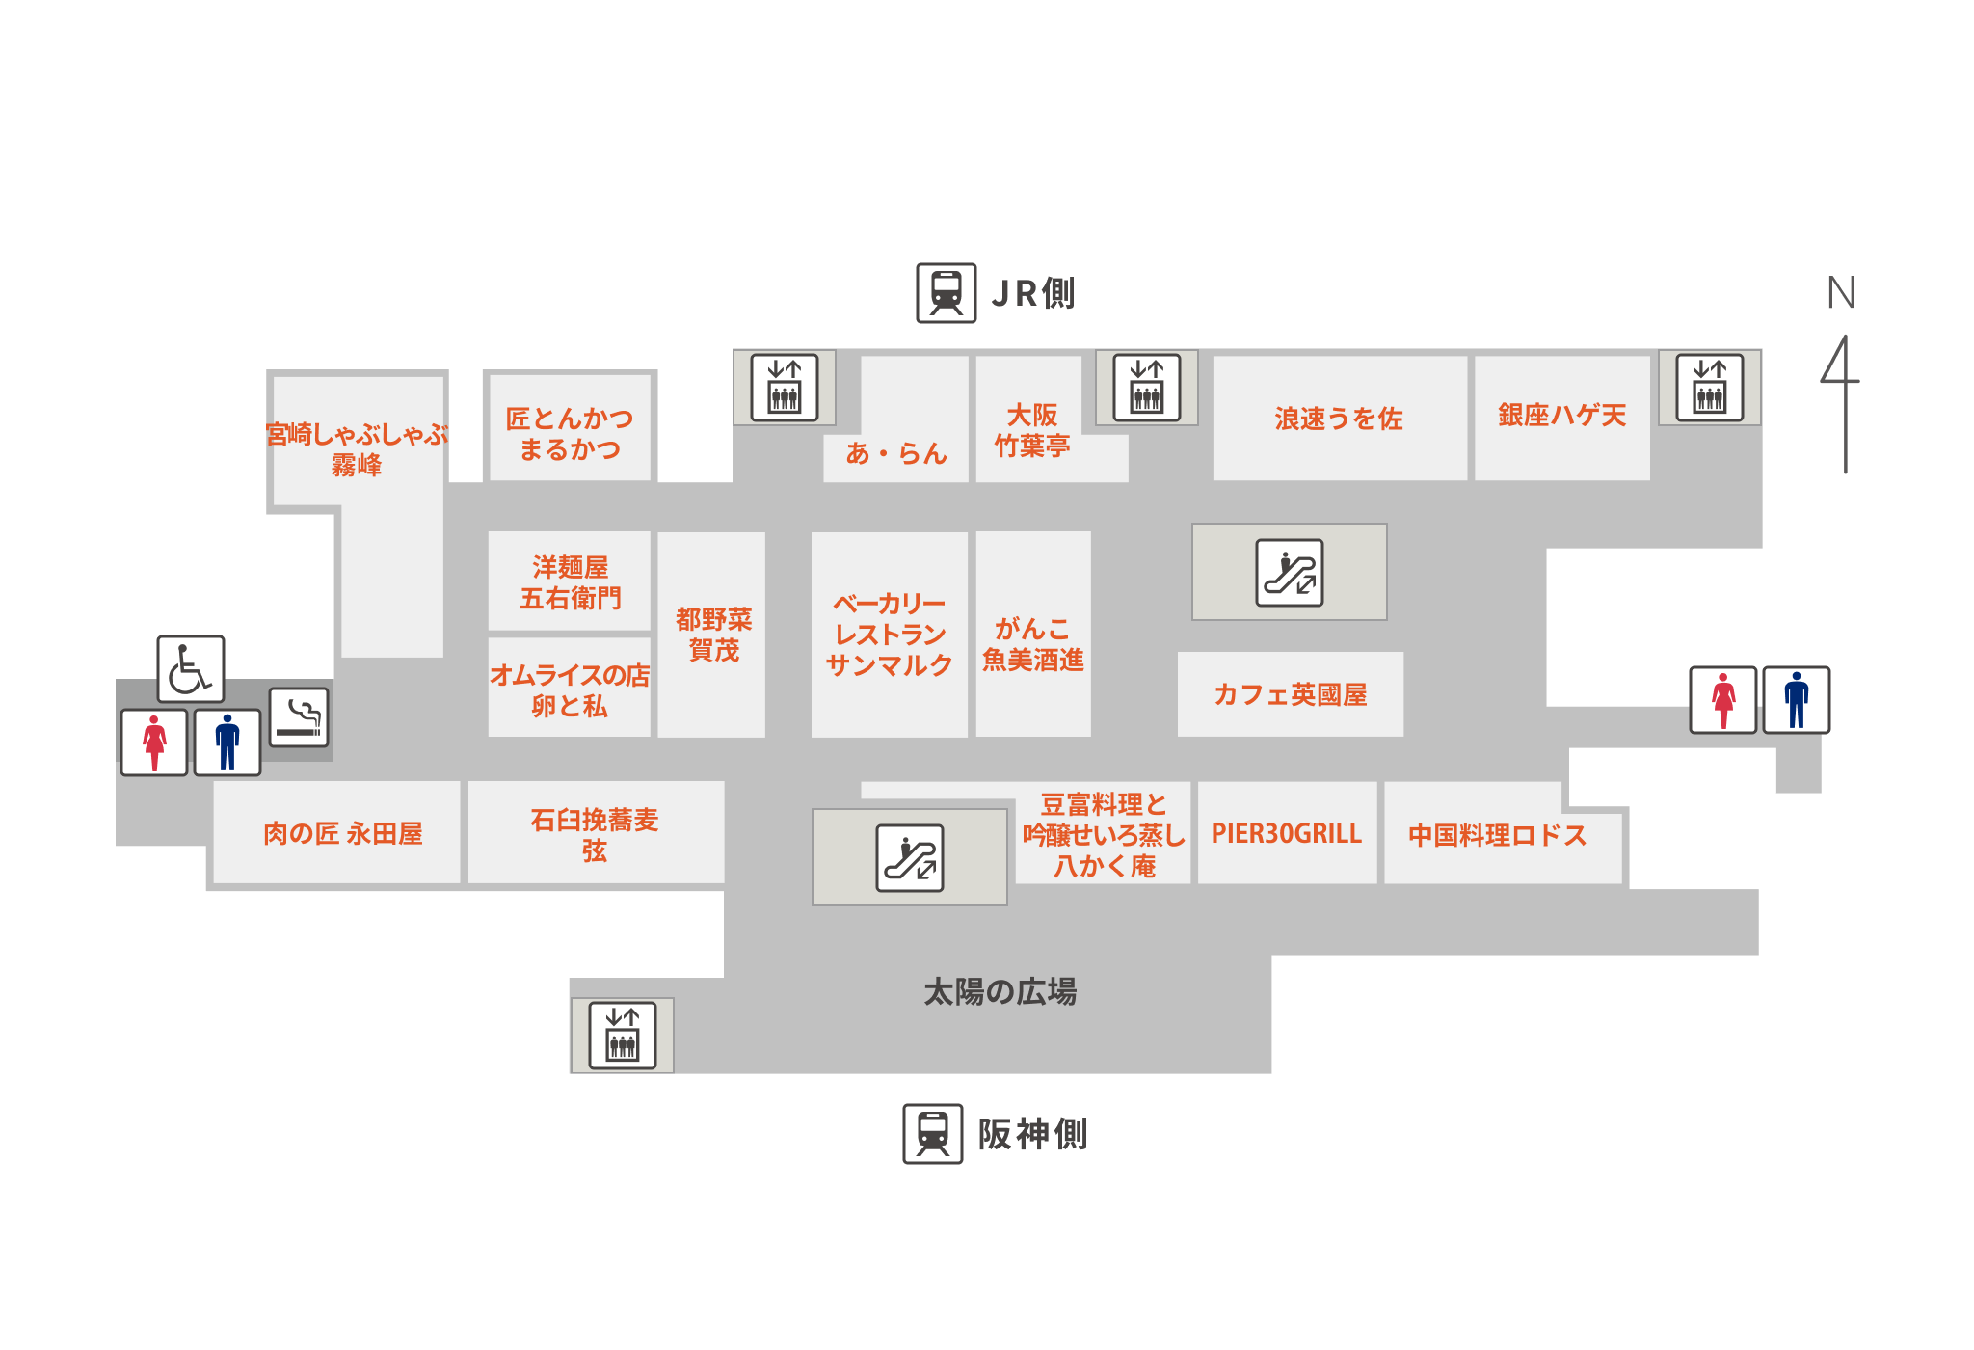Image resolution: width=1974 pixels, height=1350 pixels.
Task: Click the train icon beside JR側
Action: (946, 292)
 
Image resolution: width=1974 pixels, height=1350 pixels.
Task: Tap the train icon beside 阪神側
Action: (932, 1134)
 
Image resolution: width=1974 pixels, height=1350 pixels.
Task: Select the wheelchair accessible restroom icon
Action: (191, 668)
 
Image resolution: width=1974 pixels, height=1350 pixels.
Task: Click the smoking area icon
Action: (299, 717)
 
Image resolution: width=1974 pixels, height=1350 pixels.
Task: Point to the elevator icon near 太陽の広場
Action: (623, 1036)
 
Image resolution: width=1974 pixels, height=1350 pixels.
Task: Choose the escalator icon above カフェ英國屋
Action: (1289, 573)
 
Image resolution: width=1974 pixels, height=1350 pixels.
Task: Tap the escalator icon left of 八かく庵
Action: (910, 857)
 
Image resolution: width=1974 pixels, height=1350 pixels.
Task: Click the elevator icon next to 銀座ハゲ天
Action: (1709, 388)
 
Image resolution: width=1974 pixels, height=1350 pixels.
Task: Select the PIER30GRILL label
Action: (1286, 834)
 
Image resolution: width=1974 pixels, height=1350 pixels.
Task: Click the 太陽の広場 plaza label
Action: (1000, 991)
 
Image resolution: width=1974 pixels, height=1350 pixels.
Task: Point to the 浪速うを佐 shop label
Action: (1338, 418)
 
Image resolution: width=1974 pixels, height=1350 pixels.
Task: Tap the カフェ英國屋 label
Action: (1290, 694)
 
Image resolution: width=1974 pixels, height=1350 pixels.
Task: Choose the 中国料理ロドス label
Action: (1497, 835)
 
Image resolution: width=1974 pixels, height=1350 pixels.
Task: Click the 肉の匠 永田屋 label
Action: (342, 833)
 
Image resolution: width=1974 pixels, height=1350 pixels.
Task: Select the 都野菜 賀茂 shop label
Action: (713, 634)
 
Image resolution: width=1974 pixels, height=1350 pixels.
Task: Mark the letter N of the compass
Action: (1841, 293)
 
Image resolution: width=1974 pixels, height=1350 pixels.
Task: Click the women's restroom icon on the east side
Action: (1723, 700)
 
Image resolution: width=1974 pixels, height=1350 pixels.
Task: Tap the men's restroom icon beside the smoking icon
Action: (227, 742)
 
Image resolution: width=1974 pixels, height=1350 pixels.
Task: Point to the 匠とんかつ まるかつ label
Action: (570, 433)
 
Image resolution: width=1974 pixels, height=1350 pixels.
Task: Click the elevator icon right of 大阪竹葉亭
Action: (1146, 388)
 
